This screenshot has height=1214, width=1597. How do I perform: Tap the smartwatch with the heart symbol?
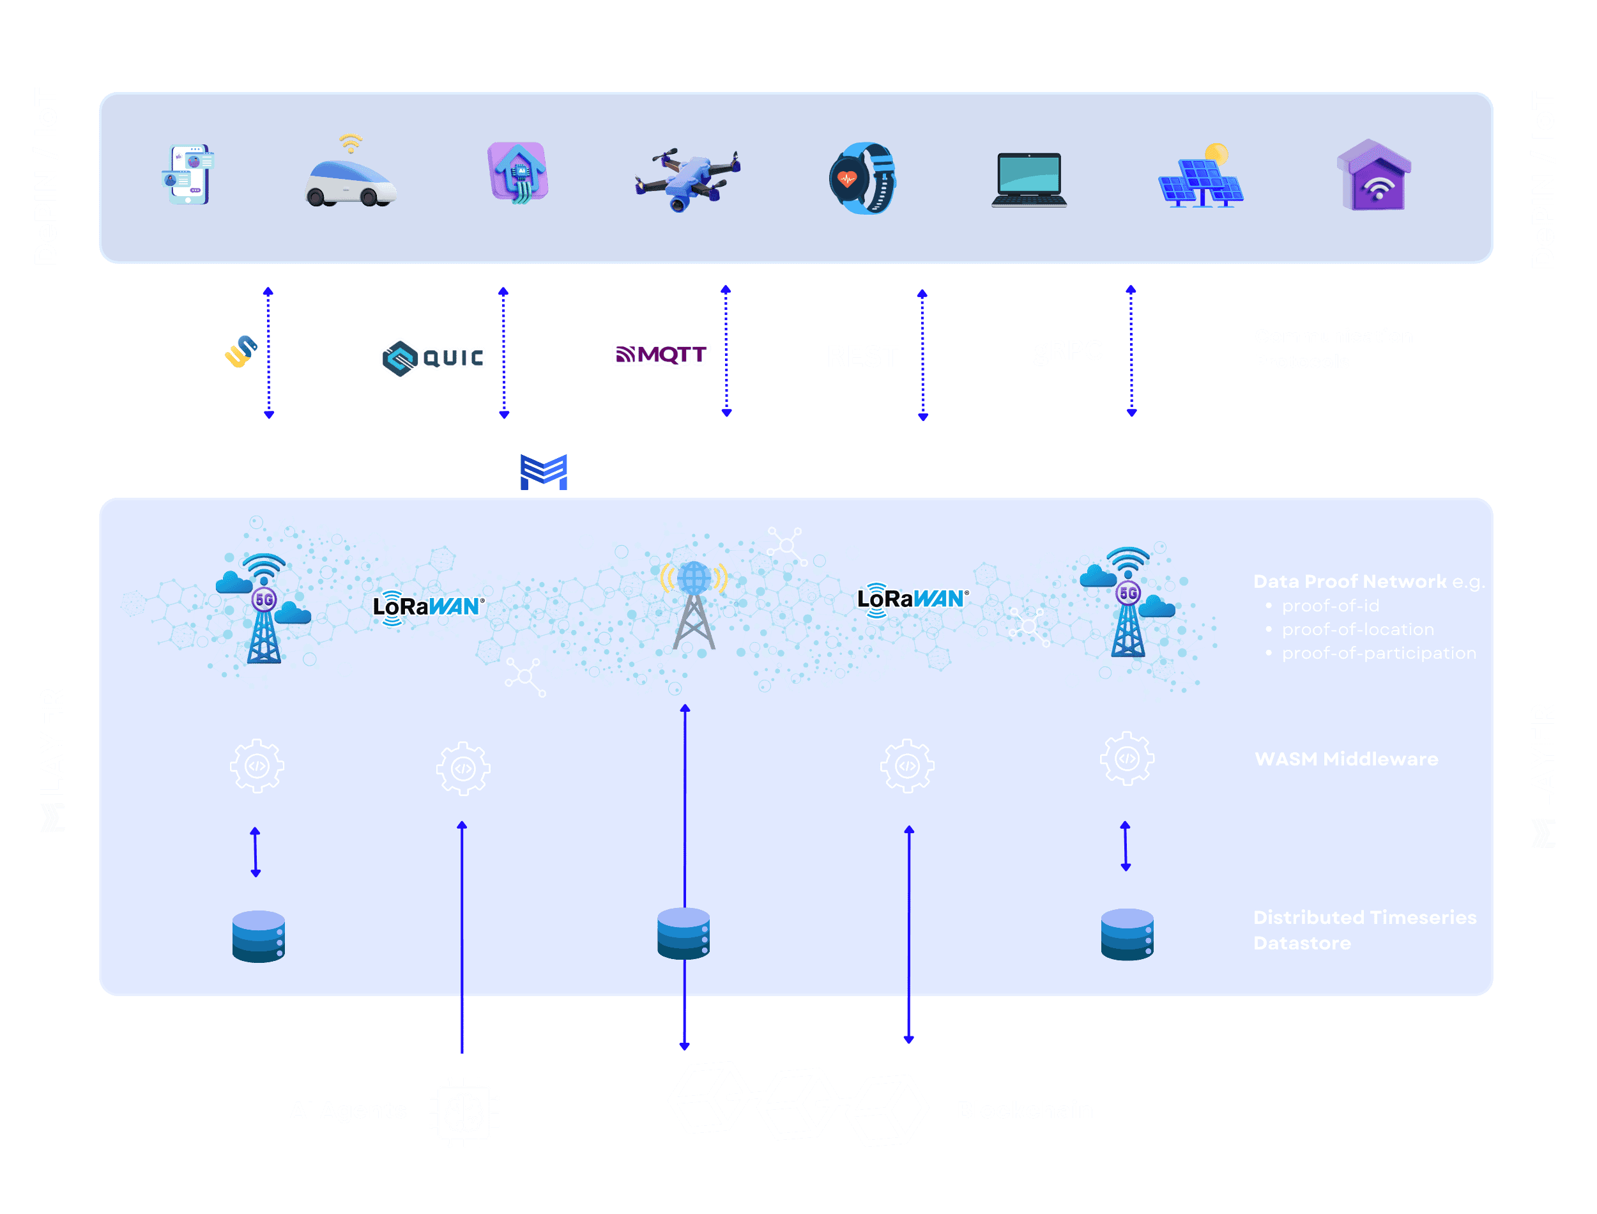862,178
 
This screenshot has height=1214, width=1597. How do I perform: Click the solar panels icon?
1201,177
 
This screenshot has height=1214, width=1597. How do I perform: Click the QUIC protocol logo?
432,358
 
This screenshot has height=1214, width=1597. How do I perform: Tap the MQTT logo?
660,354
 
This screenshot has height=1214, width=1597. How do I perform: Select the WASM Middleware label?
1346,759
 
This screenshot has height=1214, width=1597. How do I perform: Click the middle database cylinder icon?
684,934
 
